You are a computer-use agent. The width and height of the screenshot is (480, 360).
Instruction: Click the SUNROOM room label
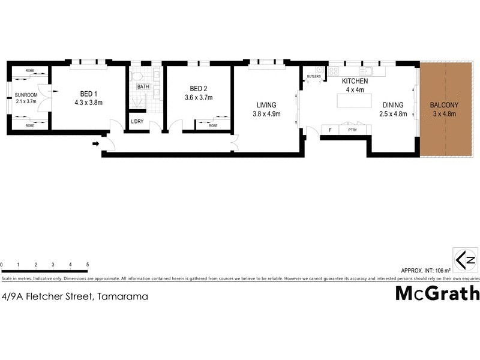pos(26,95)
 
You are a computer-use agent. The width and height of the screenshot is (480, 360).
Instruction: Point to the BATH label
pos(143,86)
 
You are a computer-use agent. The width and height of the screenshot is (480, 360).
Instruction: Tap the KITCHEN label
pos(355,81)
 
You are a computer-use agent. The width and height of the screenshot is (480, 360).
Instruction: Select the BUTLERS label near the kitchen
pos(314,77)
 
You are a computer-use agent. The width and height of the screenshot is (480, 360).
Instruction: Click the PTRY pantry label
pos(352,129)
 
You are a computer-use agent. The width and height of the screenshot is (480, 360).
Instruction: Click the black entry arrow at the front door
pos(95,144)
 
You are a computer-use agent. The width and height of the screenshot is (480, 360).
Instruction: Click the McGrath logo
pos(437,293)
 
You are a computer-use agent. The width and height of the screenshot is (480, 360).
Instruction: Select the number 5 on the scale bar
pos(88,265)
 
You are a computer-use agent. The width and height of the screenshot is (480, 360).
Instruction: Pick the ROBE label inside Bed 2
pos(213,126)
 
